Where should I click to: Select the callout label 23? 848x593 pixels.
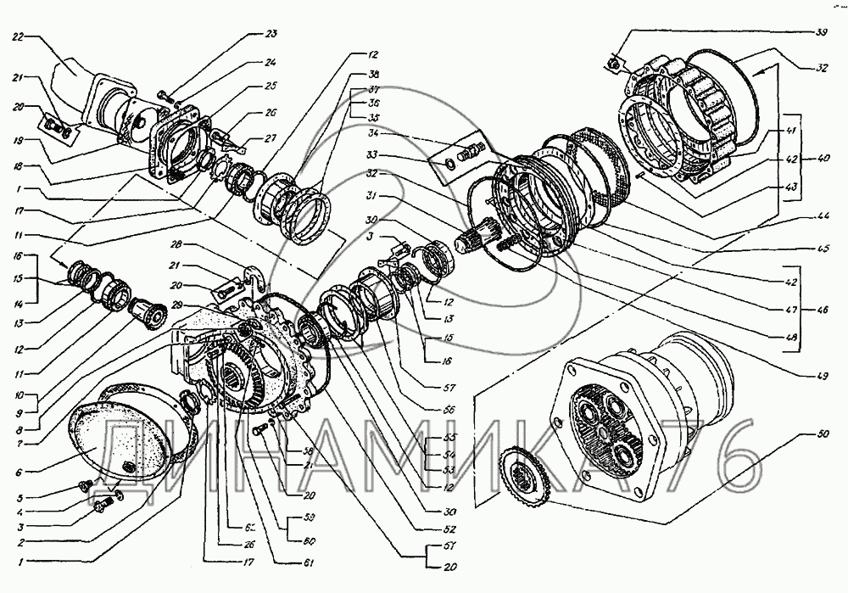[x=271, y=34]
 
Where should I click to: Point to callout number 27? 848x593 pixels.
[x=271, y=137]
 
